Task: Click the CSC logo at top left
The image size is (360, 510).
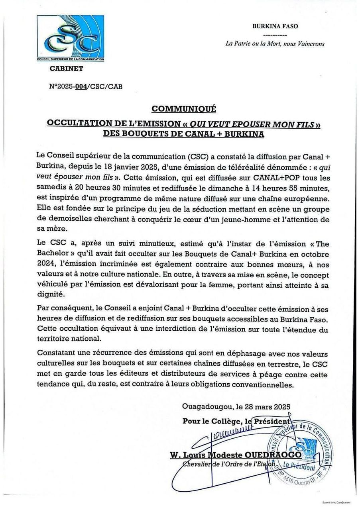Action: [70, 38]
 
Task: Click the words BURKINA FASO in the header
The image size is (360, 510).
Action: [275, 26]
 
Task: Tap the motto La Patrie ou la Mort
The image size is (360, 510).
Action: [275, 44]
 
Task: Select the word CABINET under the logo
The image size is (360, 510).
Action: [66, 69]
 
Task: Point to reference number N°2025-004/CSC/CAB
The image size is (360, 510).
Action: [85, 86]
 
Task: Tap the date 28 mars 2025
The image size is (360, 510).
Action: [269, 407]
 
